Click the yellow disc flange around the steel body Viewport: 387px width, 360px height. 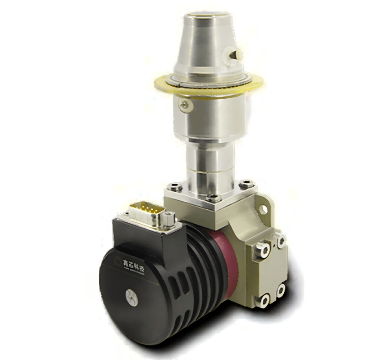pyautogui.click(x=165, y=84)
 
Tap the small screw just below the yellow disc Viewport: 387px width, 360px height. pyautogui.click(x=184, y=105)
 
